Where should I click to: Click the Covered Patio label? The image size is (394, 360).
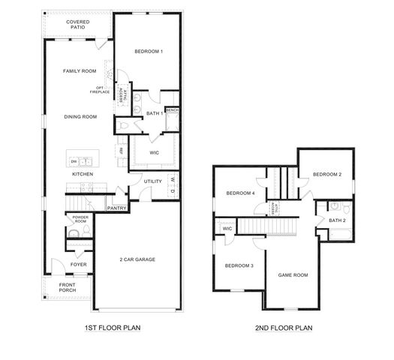coord(77,25)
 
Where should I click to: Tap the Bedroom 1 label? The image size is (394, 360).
coord(149,51)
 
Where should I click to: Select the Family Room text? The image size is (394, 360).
coord(79,71)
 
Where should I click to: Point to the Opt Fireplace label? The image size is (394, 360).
coord(99,90)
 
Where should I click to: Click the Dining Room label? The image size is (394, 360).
coord(81,116)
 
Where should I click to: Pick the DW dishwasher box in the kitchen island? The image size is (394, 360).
coord(74,161)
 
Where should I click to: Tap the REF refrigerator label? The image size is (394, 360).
coord(121,151)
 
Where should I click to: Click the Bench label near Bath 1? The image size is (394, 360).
coord(172,110)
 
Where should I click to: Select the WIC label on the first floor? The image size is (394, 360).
coord(154,152)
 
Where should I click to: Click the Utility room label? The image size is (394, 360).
coord(153,181)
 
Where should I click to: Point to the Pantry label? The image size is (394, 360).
coord(116,208)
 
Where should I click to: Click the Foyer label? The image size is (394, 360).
coord(79,265)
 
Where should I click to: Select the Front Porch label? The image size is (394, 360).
coord(68,287)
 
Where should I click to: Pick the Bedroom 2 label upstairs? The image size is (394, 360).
coord(327,174)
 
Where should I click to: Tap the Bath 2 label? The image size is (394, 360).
coord(338,220)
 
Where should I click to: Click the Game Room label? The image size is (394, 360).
coord(293,274)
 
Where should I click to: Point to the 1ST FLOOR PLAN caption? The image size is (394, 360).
coord(113,328)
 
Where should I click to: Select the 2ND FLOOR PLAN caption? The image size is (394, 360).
coord(284,328)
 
